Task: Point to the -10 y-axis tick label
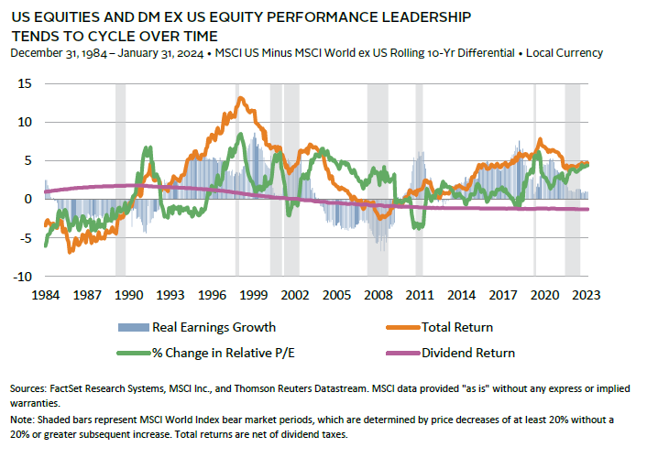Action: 24,276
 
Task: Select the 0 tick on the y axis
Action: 29,199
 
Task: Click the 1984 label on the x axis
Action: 45,296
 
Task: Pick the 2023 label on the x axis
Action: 586,296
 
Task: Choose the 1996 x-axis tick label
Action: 212,296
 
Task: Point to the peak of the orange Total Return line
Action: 240,98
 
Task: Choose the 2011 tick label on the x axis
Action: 420,296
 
